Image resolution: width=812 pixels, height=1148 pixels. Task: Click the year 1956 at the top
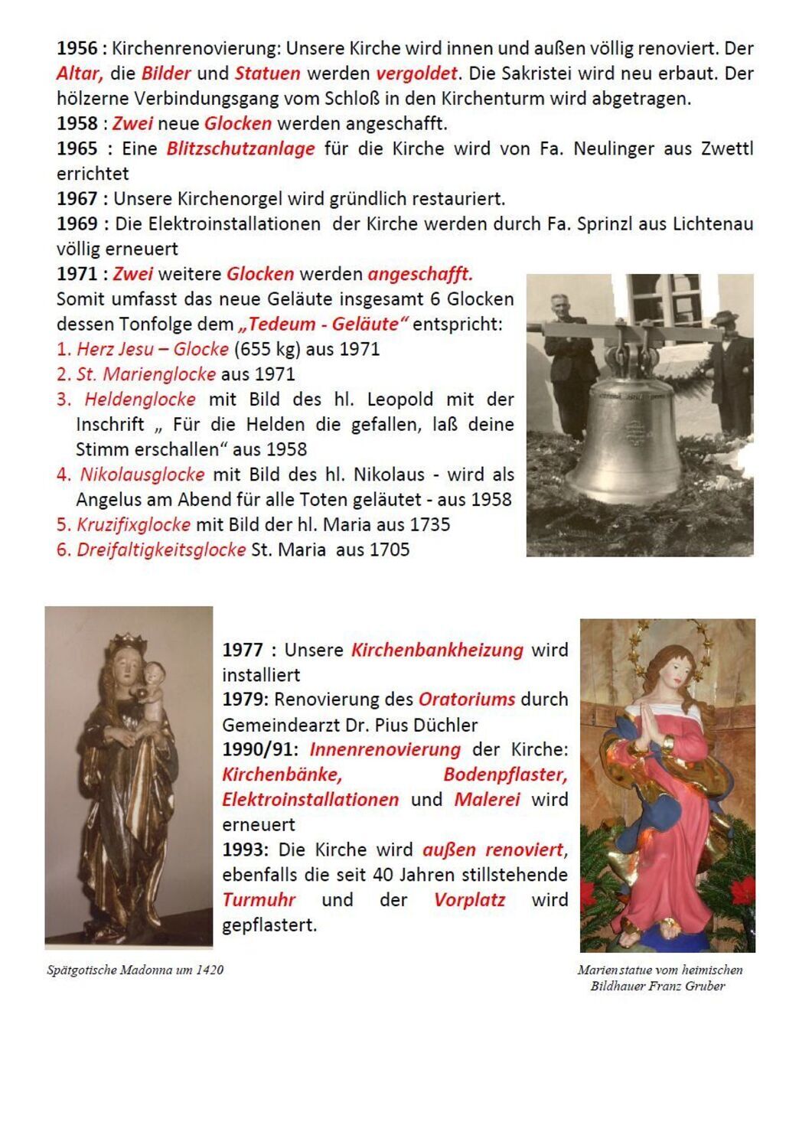tap(77, 48)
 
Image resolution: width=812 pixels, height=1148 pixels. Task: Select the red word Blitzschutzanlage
tap(240, 148)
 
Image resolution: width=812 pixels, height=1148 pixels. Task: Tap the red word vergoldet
tap(416, 73)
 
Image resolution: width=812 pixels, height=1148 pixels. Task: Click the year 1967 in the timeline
tap(77, 199)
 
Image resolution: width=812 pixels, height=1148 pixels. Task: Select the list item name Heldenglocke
tap(139, 399)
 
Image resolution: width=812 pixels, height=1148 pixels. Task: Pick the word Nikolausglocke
tap(142, 475)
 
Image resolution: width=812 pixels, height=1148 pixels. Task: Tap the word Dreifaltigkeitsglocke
tap(161, 550)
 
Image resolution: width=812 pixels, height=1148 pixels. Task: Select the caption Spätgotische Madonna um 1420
tap(135, 970)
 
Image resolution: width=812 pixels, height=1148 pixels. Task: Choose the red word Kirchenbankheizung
tap(437, 650)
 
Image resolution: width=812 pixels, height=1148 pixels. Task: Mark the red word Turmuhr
tap(259, 899)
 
